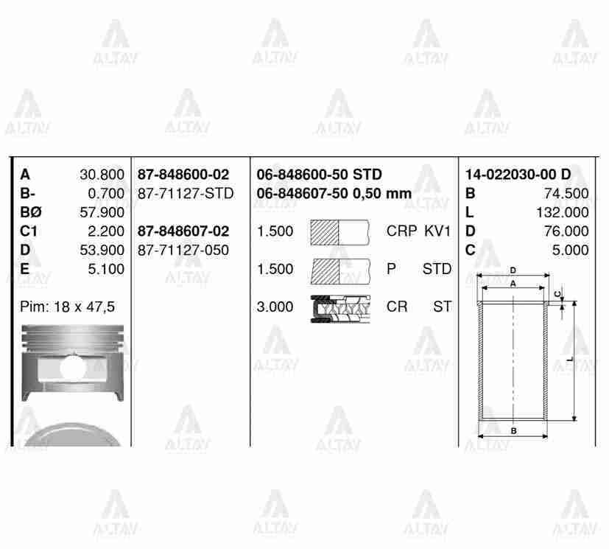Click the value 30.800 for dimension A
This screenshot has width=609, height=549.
(x=102, y=175)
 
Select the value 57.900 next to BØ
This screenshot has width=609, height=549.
(x=102, y=212)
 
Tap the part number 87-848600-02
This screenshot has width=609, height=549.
(x=183, y=175)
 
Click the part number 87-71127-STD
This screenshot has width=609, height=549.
(x=186, y=194)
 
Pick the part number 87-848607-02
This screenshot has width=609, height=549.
(x=183, y=231)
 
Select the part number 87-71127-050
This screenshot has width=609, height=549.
(x=183, y=251)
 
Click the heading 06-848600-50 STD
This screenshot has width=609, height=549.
(x=319, y=175)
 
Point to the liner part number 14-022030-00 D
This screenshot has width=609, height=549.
(x=518, y=175)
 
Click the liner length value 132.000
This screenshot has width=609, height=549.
(x=563, y=212)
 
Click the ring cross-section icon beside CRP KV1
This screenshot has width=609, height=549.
(x=339, y=232)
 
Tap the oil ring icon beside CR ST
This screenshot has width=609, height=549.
(x=339, y=307)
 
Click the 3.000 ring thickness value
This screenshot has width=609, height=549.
(x=275, y=307)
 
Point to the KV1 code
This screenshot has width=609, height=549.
(x=437, y=231)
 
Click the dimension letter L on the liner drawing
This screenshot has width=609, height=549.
(x=571, y=360)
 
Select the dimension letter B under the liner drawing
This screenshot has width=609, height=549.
(x=513, y=430)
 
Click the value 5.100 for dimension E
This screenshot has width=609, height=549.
(x=105, y=269)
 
